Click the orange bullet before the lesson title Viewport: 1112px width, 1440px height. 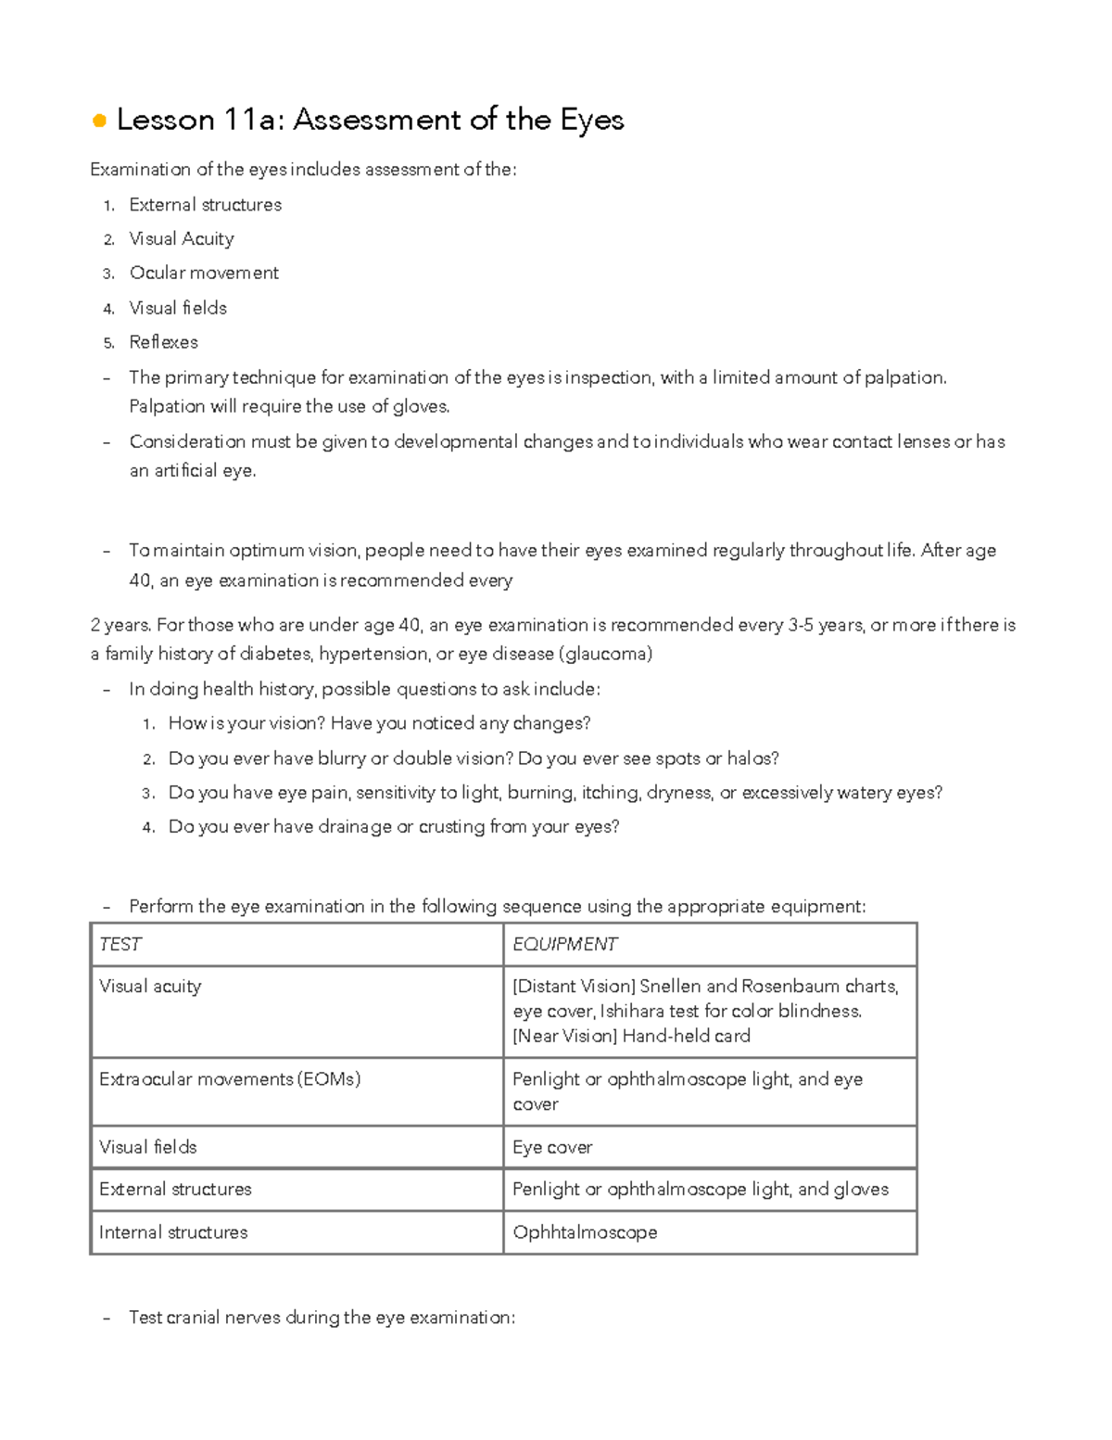(x=99, y=121)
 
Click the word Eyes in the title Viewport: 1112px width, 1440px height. (x=591, y=121)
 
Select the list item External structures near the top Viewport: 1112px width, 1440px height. (x=205, y=205)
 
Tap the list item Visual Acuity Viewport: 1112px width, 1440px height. (x=181, y=239)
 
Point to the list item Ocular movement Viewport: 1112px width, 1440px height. (x=203, y=274)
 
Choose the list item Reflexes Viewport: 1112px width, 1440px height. (x=163, y=342)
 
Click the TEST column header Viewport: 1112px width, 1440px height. (x=120, y=945)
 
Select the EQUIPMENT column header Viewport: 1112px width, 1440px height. (x=564, y=945)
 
